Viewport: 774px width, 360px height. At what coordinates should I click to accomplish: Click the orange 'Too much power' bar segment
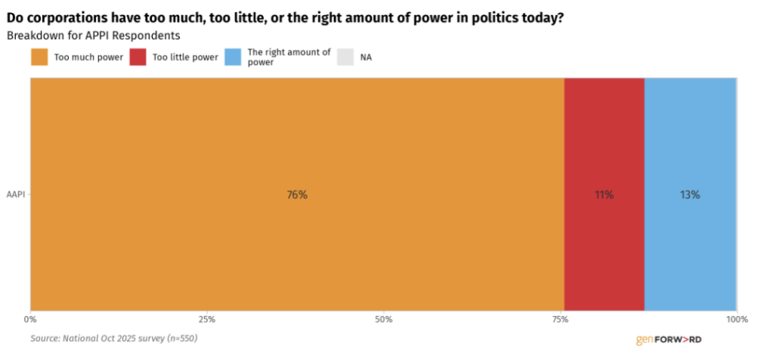coord(297,194)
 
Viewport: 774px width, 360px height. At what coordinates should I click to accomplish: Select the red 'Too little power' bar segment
coord(604,194)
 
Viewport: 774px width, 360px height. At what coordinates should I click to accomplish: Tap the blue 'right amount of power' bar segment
coord(691,194)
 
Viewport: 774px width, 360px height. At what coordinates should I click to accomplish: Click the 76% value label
coord(297,195)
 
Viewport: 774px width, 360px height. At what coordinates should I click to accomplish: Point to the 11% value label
coord(604,195)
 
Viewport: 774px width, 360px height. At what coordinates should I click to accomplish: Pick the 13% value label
coord(690,195)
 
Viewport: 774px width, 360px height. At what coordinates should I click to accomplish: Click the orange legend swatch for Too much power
coord(39,57)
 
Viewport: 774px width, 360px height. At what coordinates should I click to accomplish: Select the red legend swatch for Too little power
coord(138,57)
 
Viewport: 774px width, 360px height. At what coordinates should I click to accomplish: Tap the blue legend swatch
coord(233,57)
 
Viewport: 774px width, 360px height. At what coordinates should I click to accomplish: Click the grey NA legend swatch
coord(346,57)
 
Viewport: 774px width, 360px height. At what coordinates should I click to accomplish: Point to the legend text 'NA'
coord(366,57)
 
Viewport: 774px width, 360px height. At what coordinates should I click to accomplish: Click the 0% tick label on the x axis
coord(30,319)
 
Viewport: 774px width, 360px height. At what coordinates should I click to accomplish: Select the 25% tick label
coord(207,319)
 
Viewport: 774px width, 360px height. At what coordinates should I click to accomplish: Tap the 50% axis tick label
coord(383,319)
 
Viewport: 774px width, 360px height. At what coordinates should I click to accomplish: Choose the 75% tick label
coord(560,319)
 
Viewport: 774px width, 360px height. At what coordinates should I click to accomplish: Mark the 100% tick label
coord(737,319)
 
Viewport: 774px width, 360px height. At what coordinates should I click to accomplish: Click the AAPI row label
coord(15,194)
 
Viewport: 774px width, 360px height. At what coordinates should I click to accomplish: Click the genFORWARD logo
coord(669,340)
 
